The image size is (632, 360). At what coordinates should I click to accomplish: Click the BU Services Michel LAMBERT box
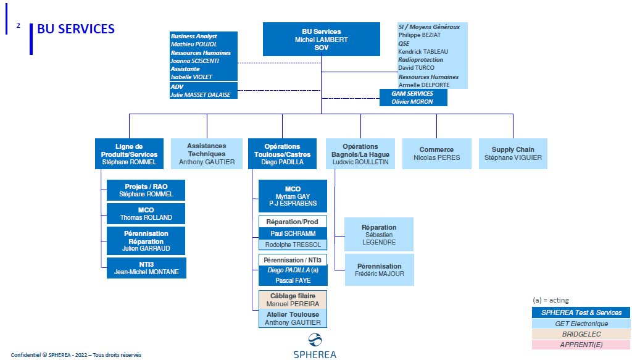pos(321,39)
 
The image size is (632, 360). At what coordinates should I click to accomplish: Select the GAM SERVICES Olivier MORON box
pos(413,98)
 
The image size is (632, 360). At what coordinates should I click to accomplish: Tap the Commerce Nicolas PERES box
pos(436,154)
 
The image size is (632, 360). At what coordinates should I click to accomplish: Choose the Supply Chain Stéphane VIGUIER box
pos(513,154)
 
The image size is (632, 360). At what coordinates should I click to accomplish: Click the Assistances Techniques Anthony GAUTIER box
pos(207,154)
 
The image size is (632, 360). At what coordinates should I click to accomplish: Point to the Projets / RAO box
pos(146,190)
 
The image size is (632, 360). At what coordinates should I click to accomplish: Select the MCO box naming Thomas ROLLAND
pos(146,214)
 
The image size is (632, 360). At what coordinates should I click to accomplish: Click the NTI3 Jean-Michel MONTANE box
pos(146,268)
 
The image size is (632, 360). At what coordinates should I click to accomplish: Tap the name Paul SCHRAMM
pos(293,233)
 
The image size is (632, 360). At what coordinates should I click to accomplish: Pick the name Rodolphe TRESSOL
pos(293,245)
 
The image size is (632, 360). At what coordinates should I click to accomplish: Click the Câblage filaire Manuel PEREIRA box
pos(293,300)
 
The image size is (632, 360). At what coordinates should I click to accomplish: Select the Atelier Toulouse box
pos(293,319)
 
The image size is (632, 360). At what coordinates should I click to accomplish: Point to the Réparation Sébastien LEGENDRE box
pos(379,235)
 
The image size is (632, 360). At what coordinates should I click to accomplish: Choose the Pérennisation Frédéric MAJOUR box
pos(380,270)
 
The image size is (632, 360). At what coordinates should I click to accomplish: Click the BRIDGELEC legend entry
pos(581,334)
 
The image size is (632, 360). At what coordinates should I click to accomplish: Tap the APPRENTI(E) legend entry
pos(581,345)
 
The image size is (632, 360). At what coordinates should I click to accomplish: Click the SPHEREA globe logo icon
pos(315,340)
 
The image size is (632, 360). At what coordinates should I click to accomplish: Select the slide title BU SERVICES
pos(76,29)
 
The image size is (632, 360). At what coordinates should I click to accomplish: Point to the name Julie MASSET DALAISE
pos(201,94)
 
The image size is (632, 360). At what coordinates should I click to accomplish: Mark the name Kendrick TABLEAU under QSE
pos(423,52)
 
